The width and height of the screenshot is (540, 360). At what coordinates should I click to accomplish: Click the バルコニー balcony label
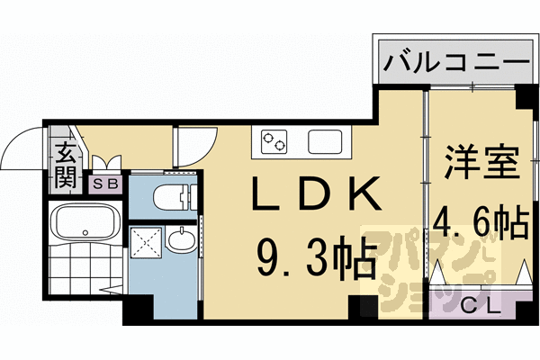pos(454,63)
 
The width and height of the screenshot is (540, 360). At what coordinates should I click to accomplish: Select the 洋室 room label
pos(481,166)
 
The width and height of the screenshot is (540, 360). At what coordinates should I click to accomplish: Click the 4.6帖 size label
pos(481,222)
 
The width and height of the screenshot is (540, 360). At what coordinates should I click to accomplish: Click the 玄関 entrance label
pos(66,166)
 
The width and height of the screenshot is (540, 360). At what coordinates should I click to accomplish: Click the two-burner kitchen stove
pos(274,141)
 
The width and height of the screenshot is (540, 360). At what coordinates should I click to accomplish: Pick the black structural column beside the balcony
pos(522,95)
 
